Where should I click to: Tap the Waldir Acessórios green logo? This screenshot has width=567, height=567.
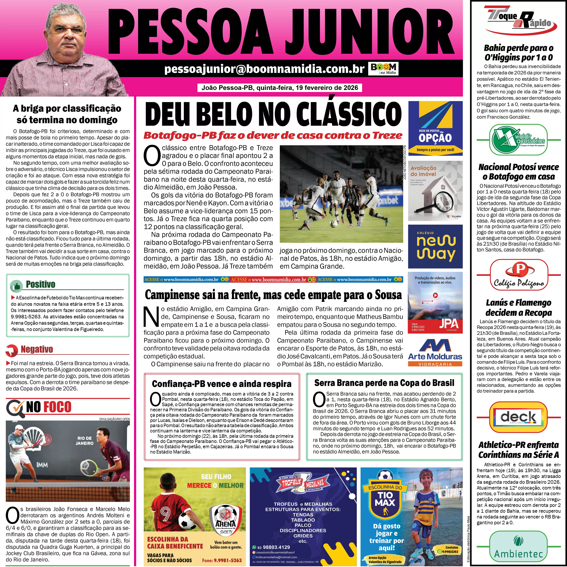pos(519,140)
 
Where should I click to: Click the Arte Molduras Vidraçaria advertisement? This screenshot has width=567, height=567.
pos(435,353)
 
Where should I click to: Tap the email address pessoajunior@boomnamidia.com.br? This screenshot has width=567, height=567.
pos(264,69)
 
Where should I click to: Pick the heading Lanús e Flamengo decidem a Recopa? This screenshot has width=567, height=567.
pos(519,308)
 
